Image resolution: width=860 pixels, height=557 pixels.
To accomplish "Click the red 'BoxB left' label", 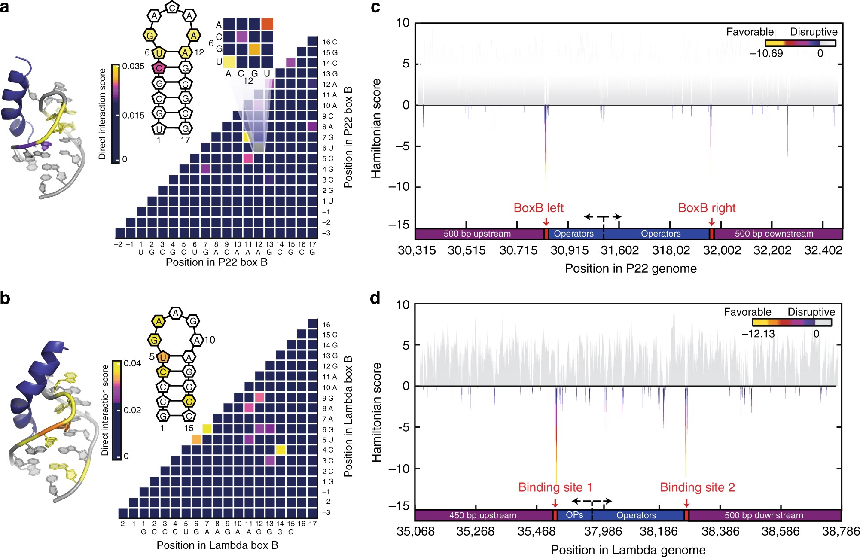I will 538,208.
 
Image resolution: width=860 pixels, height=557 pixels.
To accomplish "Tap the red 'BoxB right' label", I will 707,208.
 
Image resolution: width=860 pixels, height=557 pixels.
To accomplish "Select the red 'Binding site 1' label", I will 555,487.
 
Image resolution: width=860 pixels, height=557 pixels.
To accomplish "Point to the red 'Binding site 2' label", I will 697,487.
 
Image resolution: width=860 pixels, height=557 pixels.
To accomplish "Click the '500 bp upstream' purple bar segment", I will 477,234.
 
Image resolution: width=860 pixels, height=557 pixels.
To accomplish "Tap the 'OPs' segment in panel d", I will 574,515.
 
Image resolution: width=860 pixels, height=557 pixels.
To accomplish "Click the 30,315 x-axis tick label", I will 417,250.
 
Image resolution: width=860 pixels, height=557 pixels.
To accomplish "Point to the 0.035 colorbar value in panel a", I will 133,66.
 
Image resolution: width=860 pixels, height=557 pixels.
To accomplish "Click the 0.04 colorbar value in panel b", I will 132,363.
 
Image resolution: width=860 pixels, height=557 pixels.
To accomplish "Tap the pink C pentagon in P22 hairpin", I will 159,68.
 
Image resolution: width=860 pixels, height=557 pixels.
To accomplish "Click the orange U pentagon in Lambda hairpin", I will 163,357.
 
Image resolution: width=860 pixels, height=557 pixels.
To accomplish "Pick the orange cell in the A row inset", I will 267,24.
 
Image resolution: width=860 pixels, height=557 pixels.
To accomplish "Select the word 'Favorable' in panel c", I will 750,32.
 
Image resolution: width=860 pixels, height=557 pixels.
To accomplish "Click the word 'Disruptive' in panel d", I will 811,312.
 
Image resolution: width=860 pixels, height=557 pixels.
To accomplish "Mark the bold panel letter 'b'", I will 6,298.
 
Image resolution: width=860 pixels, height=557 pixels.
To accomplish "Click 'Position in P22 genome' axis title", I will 630,268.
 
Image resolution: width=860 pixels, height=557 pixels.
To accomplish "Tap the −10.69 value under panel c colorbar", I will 766,53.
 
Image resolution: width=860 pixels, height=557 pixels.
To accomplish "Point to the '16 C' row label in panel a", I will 330,42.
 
